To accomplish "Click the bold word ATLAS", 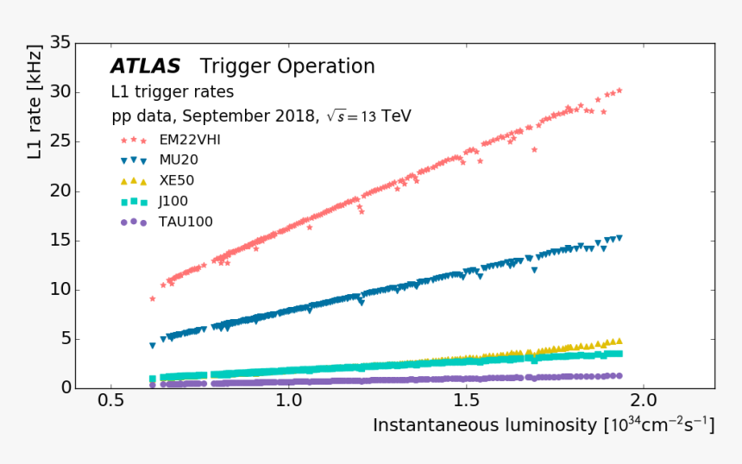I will pyautogui.click(x=145, y=66).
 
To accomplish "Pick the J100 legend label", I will pyautogui.click(x=173, y=202).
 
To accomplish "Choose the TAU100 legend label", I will pyautogui.click(x=185, y=222).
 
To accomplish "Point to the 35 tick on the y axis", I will pyautogui.click(x=60, y=42).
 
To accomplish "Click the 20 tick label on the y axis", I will pyautogui.click(x=60, y=191).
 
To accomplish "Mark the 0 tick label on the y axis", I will pyautogui.click(x=65, y=388).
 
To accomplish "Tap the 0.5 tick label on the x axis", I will pyautogui.click(x=110, y=402).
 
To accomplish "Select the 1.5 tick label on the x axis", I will pyautogui.click(x=466, y=402).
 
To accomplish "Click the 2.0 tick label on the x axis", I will pyautogui.click(x=644, y=402).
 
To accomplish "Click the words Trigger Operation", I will pyautogui.click(x=287, y=66).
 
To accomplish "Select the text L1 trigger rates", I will pyautogui.click(x=172, y=91).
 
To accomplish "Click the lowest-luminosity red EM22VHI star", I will pyautogui.click(x=153, y=298).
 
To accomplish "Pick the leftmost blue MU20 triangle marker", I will pyautogui.click(x=153, y=346).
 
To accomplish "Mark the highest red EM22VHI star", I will pyautogui.click(x=619, y=90).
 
